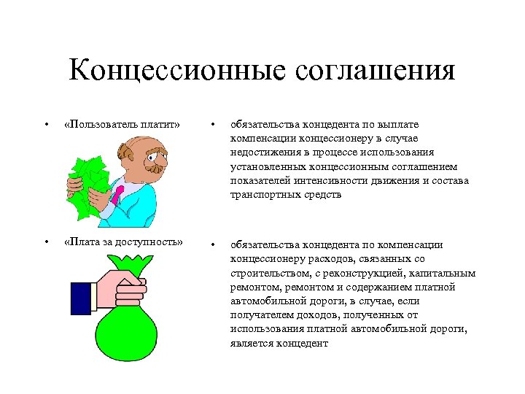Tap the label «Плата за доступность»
123,242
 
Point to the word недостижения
265,152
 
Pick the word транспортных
265,195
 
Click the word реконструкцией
361,273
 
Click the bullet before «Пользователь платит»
46,125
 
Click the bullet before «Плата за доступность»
46,242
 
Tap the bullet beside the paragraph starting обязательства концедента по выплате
212,125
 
